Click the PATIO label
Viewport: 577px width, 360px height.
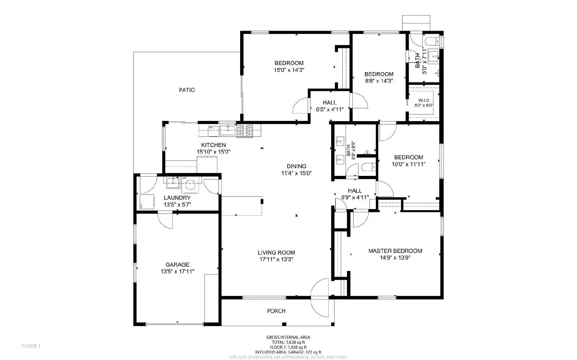[x=187, y=90]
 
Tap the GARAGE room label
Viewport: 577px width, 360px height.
[x=177, y=265]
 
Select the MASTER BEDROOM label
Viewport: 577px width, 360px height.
[x=395, y=251]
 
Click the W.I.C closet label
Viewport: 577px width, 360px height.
[x=424, y=100]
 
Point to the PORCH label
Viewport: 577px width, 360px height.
[x=276, y=311]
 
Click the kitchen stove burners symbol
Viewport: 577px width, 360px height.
[x=245, y=130]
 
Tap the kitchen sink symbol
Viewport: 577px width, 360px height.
[x=228, y=130]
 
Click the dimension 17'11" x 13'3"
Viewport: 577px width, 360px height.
[x=276, y=259]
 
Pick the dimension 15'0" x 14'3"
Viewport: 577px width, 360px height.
[x=289, y=70]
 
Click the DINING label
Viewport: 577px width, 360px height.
[x=296, y=166]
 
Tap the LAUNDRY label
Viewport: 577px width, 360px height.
[x=177, y=198]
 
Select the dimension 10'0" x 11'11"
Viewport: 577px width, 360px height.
[x=409, y=164]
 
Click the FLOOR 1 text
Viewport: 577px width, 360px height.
[x=31, y=346]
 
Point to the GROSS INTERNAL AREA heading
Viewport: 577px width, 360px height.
[x=288, y=337]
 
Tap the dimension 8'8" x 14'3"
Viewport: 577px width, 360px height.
[x=379, y=81]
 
